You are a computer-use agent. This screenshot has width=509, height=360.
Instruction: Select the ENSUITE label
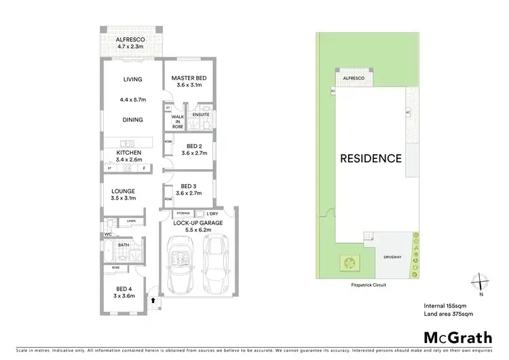201,115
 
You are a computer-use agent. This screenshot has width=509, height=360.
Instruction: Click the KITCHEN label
129,153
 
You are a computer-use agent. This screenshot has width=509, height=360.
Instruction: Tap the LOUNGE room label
124,191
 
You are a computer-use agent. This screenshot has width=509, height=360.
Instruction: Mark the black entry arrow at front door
153,298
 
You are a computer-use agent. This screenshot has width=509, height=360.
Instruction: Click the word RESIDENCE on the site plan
371,159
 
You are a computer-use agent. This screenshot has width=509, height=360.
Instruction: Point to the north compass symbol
479,281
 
